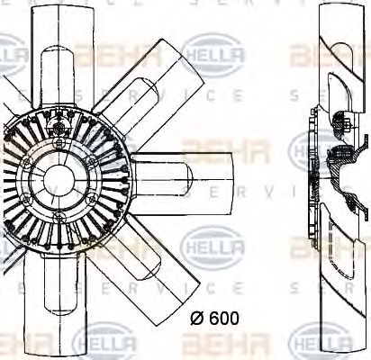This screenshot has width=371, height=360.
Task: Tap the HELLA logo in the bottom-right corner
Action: click(x=329, y=346)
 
